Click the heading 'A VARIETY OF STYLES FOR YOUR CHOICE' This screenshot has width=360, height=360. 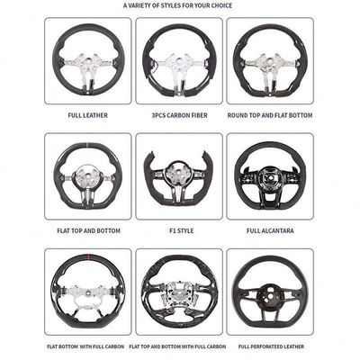(x=177, y=5)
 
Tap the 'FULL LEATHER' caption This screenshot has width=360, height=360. (x=87, y=115)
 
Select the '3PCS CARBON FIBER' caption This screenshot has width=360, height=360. (x=179, y=115)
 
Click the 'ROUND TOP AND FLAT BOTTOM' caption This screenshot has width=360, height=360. (x=270, y=115)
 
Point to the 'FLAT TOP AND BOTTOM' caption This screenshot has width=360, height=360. (x=88, y=230)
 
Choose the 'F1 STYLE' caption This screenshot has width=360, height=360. (x=181, y=230)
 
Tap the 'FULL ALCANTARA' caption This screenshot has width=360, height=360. (x=270, y=230)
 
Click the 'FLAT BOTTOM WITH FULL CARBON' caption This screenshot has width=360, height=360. (x=85, y=346)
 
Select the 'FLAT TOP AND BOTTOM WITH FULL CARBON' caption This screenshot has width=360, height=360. (x=177, y=346)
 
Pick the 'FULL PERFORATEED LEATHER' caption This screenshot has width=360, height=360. (x=271, y=346)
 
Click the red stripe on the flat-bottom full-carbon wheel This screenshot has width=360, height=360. (x=88, y=256)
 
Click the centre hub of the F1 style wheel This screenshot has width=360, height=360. (x=179, y=174)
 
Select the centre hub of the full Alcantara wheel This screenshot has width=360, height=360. (x=270, y=177)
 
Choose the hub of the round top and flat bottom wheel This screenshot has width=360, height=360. (x=269, y=62)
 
